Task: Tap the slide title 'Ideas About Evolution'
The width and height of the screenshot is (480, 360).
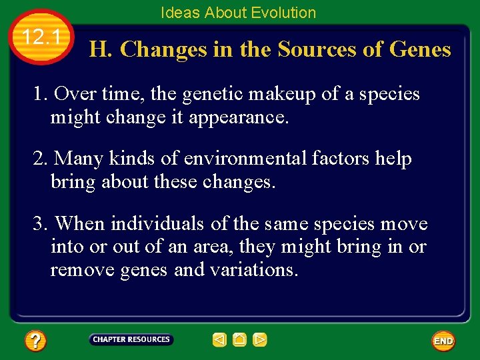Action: click(238, 13)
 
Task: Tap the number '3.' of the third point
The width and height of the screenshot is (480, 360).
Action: click(41, 224)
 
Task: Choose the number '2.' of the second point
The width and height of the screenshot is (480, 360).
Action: click(41, 159)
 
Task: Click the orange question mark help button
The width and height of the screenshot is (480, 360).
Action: click(35, 341)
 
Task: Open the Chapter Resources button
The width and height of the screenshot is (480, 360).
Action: click(131, 340)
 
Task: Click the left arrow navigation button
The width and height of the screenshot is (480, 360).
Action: click(219, 340)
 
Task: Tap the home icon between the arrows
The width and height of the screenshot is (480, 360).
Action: click(240, 340)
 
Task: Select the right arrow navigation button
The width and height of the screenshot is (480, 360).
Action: click(260, 340)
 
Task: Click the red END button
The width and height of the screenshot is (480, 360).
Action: click(443, 341)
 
